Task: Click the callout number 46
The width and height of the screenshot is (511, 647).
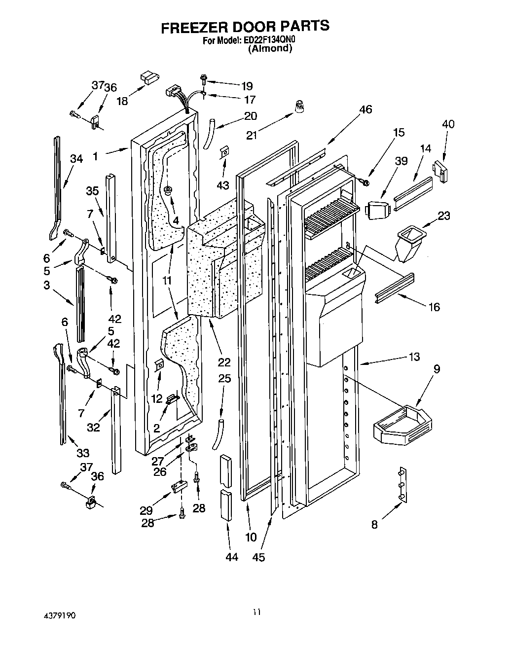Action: coord(365,109)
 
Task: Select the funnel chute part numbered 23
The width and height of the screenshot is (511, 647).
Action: coord(408,242)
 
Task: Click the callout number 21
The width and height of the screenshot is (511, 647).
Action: coord(252,135)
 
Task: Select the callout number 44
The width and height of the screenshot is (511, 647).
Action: coord(231,557)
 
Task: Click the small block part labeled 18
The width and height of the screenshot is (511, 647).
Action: coord(148,77)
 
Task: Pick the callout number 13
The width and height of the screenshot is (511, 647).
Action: coord(414,357)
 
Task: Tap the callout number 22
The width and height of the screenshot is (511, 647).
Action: coord(224,362)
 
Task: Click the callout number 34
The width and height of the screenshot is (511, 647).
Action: coord(76,158)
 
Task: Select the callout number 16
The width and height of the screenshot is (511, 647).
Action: coord(434,307)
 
